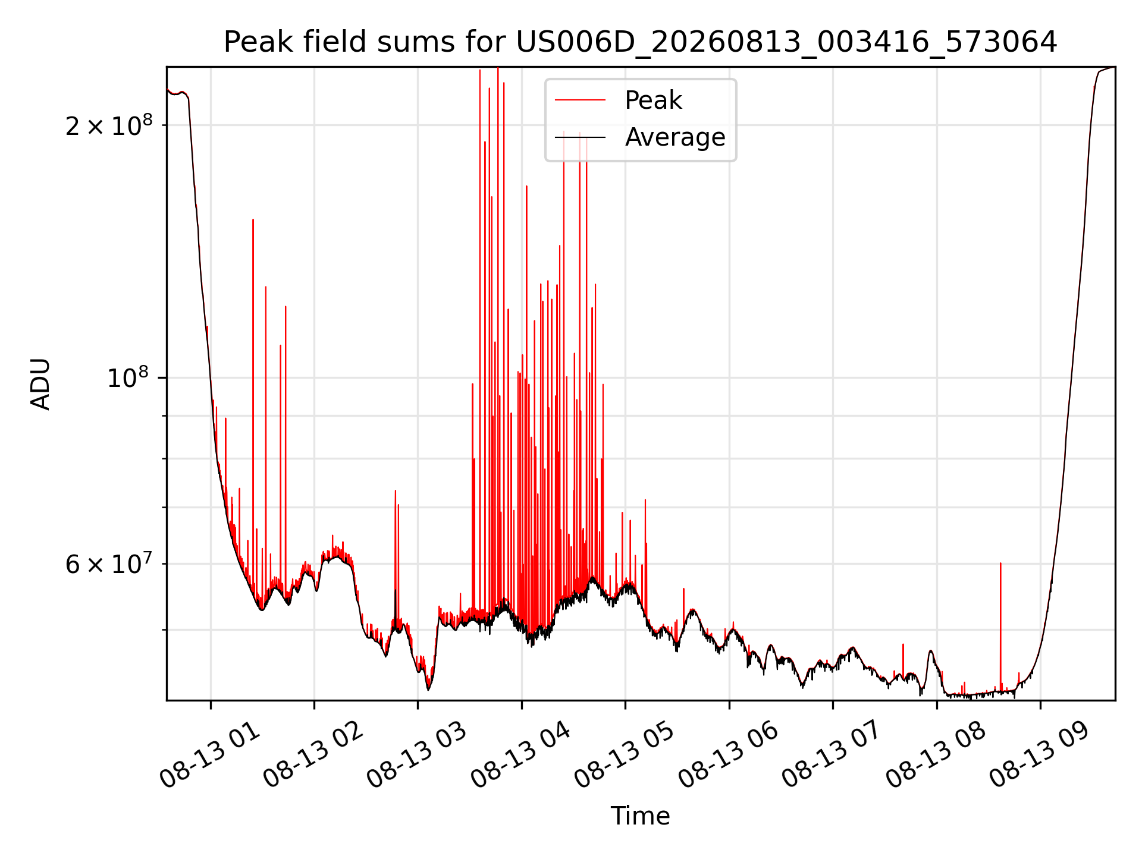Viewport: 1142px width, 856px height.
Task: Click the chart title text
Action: pos(640,42)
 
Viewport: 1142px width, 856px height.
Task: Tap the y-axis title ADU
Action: pos(40,383)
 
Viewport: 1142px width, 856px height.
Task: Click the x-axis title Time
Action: pos(640,816)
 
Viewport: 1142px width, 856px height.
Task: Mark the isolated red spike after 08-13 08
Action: pos(1000,624)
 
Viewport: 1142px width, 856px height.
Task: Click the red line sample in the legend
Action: pos(580,100)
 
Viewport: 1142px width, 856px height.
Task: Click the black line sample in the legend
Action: pos(580,137)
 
